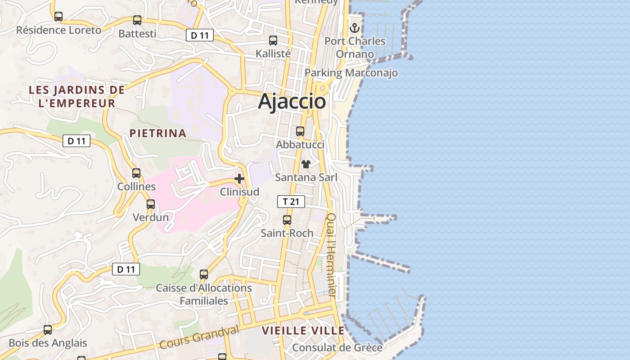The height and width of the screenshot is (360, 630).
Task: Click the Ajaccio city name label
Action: point(292,101)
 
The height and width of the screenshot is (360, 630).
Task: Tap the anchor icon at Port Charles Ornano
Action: point(355,28)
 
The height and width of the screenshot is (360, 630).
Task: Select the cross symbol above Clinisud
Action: point(239,179)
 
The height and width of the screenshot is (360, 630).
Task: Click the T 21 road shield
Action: point(291,202)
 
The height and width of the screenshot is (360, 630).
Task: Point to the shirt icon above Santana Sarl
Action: point(306,164)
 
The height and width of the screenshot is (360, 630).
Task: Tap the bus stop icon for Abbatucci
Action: point(300,131)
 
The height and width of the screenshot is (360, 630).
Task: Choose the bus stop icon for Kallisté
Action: point(273,40)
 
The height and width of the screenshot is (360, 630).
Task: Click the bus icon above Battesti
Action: point(137,20)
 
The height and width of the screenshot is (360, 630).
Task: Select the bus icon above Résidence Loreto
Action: point(58,17)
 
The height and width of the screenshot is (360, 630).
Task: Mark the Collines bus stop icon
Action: point(136,173)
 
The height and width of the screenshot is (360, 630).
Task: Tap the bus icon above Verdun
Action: point(151,204)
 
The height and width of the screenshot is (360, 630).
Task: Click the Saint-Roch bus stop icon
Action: point(287,220)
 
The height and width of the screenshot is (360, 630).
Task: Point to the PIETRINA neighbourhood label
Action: point(157,133)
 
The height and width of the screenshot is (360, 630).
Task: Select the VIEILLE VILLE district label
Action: point(303,331)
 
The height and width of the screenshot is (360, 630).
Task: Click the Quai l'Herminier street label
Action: point(331,255)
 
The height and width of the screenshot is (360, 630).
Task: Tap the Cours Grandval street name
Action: point(199,337)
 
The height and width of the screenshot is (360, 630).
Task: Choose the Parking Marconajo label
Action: point(351,73)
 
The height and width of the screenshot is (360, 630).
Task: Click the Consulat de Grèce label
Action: point(337,348)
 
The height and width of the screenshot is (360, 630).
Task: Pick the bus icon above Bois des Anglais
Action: point(48,329)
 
